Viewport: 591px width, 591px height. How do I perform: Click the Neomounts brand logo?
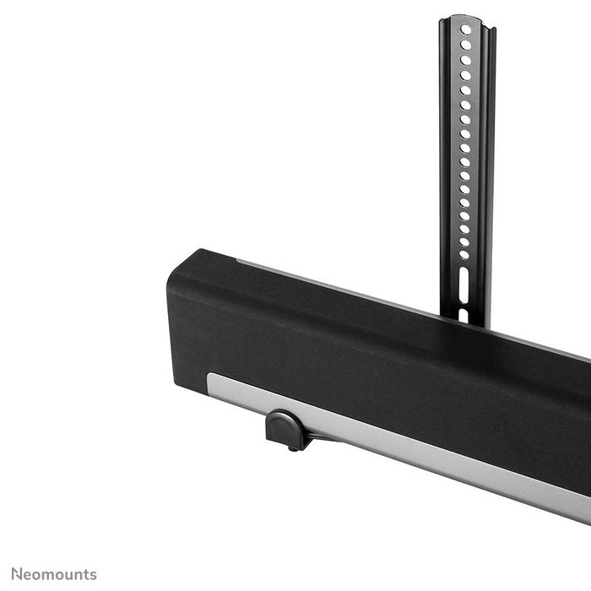tap(53, 574)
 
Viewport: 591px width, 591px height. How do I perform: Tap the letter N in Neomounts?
tap(16, 574)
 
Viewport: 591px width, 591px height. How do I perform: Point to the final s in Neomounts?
tap(93, 574)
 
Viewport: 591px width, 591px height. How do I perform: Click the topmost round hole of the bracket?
tap(466, 30)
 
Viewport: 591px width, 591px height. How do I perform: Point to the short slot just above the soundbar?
tap(463, 315)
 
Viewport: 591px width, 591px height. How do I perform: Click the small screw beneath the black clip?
tap(293, 447)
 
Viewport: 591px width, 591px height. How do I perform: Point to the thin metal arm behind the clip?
tap(321, 436)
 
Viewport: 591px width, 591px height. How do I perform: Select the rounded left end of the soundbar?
tap(177, 312)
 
